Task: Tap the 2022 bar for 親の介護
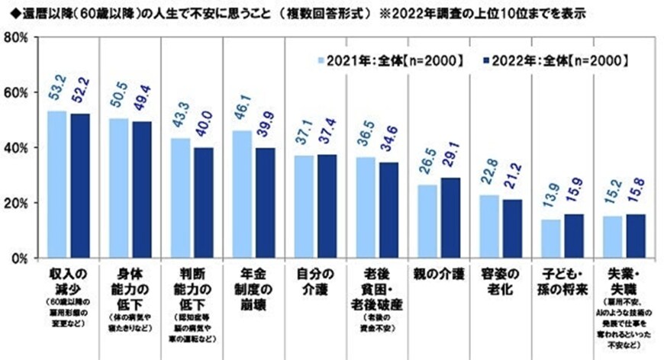[450, 218]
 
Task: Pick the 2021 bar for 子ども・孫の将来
[551, 239]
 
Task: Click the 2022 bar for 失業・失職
[635, 236]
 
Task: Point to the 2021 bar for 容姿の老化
[488, 227]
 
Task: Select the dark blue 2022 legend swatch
[487, 60]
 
